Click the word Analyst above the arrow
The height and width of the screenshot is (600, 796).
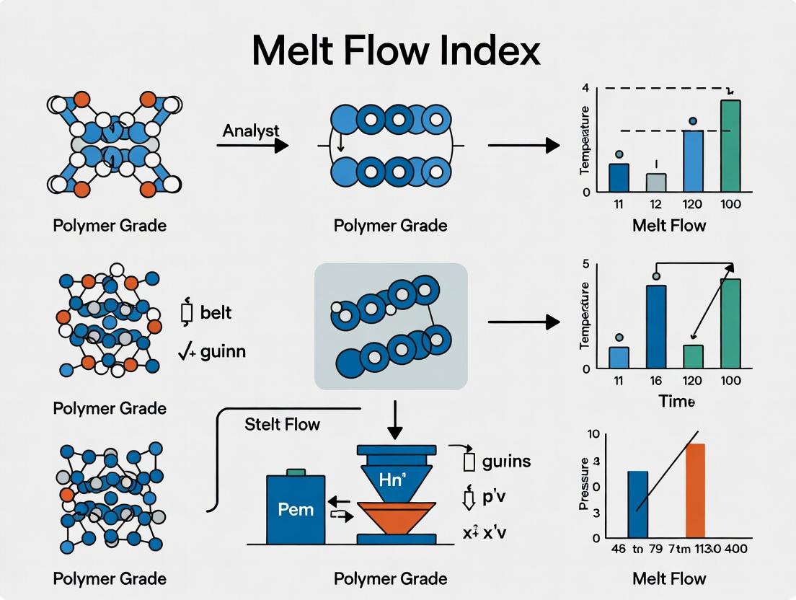pyautogui.click(x=251, y=131)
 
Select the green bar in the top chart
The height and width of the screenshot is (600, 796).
pyautogui.click(x=730, y=146)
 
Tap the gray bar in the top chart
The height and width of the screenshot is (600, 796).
pyautogui.click(x=656, y=182)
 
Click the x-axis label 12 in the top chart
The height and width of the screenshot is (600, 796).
pyautogui.click(x=656, y=204)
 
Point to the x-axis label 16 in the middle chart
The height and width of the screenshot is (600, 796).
pyautogui.click(x=656, y=380)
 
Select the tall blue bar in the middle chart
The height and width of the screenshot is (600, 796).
pyautogui.click(x=656, y=327)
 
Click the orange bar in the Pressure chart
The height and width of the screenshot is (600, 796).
pyautogui.click(x=695, y=490)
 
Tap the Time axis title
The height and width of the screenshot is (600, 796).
pyautogui.click(x=676, y=402)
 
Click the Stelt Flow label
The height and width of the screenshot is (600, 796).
pyautogui.click(x=282, y=423)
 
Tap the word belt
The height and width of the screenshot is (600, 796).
pyautogui.click(x=216, y=313)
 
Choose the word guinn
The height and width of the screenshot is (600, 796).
pyautogui.click(x=223, y=352)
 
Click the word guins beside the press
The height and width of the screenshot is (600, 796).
pyautogui.click(x=506, y=461)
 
